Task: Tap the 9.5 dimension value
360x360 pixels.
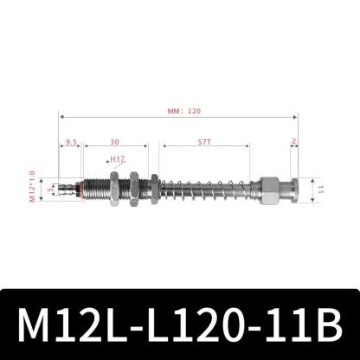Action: point(70,143)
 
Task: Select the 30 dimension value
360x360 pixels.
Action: point(114,143)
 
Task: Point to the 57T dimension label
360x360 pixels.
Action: point(204,143)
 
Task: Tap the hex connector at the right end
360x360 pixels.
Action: point(269,187)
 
